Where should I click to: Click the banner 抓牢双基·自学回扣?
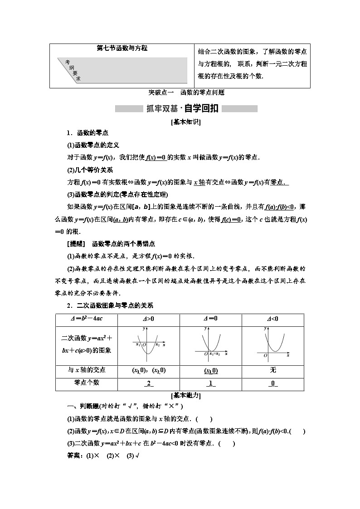186,109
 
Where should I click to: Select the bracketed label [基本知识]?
186,122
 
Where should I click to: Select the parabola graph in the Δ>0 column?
148,344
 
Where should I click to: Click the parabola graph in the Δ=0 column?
210,344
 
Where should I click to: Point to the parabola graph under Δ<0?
272,344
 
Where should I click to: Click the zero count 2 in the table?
148,383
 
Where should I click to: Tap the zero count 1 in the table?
210,383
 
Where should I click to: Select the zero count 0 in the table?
272,383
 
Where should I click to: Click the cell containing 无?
272,370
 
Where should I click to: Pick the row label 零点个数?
86,383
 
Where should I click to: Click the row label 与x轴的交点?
86,370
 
